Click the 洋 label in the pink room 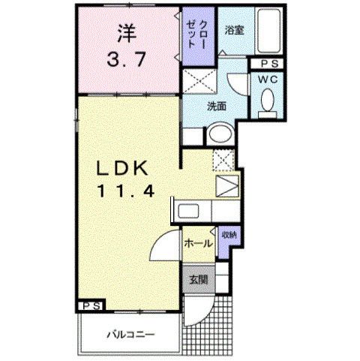(x=127, y=33)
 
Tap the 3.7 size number (x=126, y=60)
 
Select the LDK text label (x=121, y=169)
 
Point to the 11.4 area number (x=125, y=192)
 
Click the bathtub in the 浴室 (x=268, y=31)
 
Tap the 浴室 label (x=234, y=30)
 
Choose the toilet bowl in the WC (x=267, y=101)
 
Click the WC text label (x=268, y=80)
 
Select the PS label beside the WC (x=270, y=64)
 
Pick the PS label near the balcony (x=91, y=306)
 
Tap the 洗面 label (x=217, y=107)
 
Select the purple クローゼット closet (x=198, y=36)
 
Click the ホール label (x=198, y=243)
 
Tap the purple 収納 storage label (x=229, y=235)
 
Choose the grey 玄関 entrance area (x=199, y=280)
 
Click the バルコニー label (x=131, y=334)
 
